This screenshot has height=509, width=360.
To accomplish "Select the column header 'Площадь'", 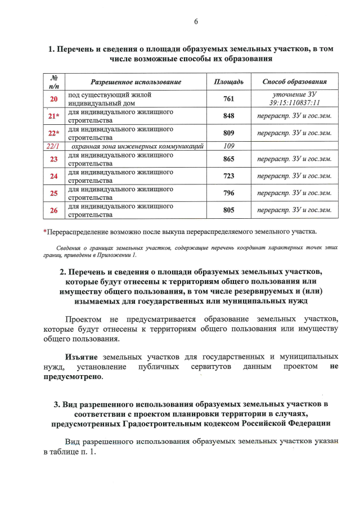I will click(x=229, y=82).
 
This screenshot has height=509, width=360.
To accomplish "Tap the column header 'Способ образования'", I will click(x=294, y=82).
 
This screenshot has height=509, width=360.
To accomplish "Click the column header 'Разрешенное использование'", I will click(x=136, y=82).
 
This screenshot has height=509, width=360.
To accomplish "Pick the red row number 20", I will click(x=54, y=99).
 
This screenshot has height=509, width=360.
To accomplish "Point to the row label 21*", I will click(x=54, y=116).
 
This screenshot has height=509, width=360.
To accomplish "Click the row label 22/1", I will click(x=54, y=146).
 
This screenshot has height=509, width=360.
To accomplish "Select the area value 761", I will click(x=228, y=99).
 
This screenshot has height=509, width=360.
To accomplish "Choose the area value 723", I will click(x=228, y=176).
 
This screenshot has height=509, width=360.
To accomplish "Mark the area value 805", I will click(x=228, y=210).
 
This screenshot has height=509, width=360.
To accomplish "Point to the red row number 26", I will click(x=54, y=210).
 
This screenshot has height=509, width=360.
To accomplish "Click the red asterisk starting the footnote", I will click(x=45, y=231).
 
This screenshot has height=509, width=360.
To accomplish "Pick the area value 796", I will click(x=228, y=193).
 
